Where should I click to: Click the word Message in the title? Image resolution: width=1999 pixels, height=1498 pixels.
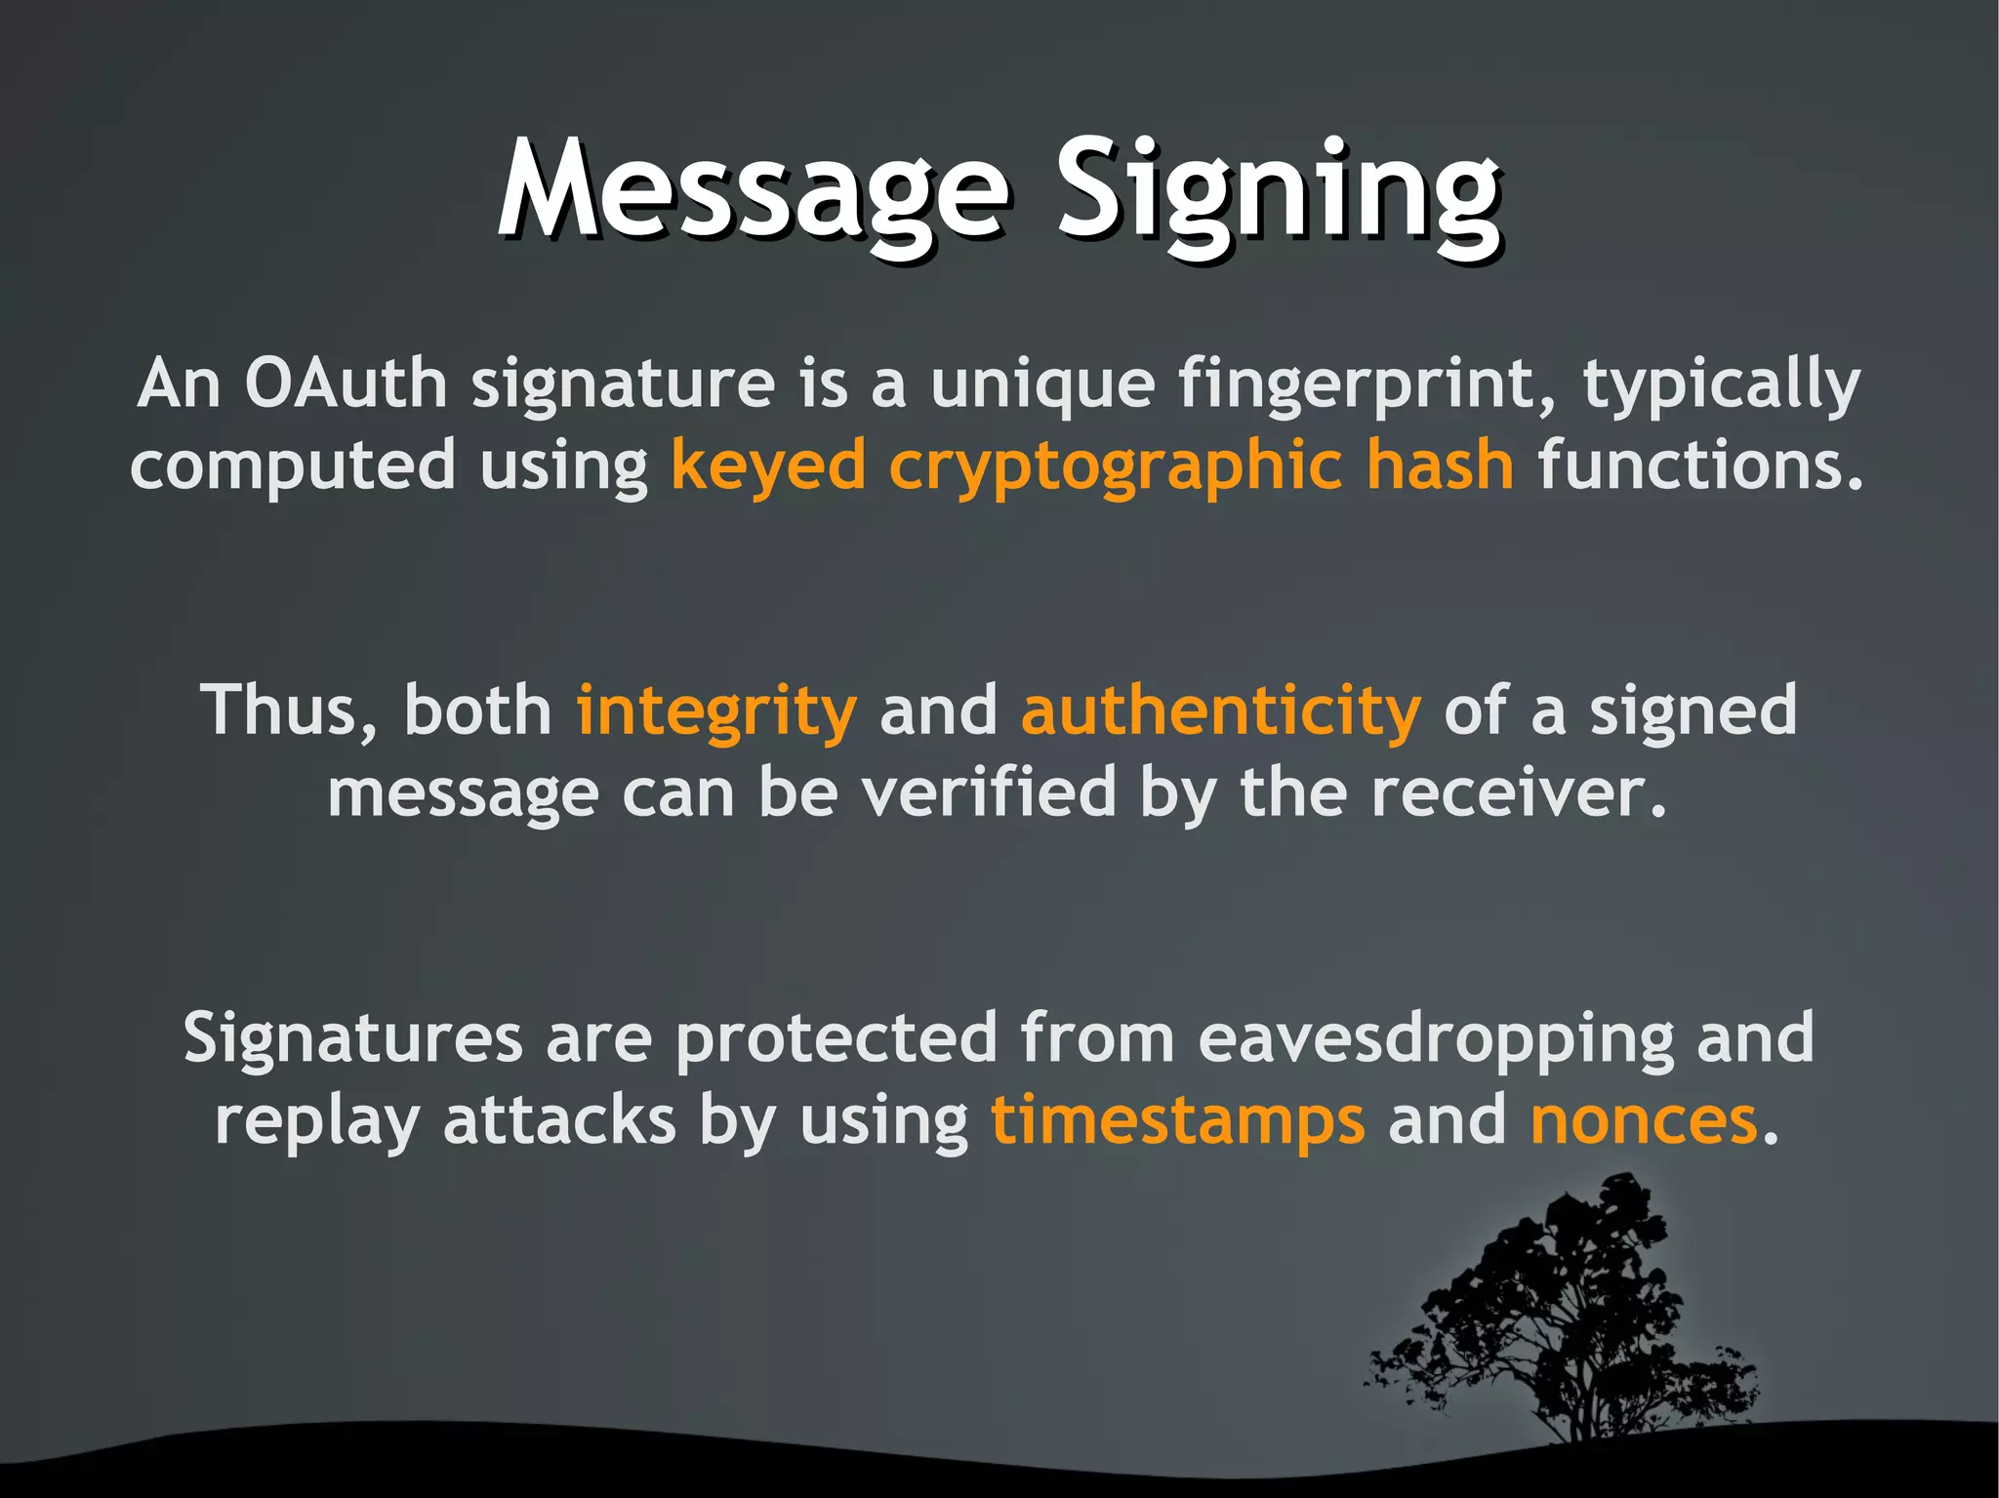point(752,190)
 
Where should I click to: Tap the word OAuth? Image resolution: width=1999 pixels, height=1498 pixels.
point(346,384)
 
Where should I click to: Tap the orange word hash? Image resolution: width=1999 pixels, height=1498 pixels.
point(1439,465)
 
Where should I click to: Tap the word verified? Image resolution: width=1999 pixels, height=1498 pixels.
point(988,792)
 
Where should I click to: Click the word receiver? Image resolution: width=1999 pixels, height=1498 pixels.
point(1518,792)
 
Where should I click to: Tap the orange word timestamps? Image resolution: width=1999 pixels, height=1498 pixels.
point(1177,1120)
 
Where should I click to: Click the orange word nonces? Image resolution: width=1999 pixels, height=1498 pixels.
point(1644,1120)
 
